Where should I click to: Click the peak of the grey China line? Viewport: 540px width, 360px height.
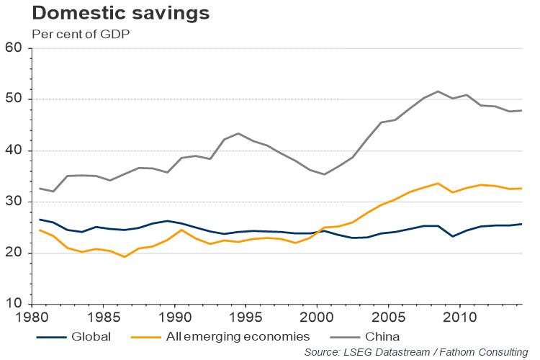click(x=438, y=91)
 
